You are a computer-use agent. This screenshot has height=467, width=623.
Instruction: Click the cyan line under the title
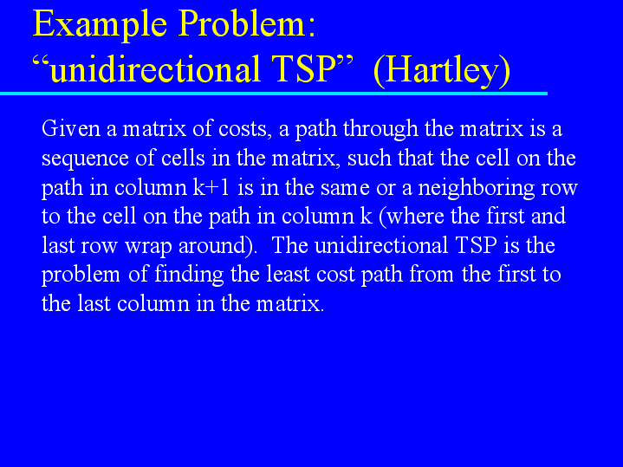click(274, 94)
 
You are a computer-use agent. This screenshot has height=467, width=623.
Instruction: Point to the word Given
click(71, 128)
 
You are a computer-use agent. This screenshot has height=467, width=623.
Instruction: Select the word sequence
click(85, 159)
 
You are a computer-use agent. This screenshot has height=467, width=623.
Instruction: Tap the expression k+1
click(211, 187)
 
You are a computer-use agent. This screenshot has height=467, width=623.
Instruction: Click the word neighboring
click(477, 188)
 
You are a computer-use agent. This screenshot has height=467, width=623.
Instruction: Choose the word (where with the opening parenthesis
click(412, 217)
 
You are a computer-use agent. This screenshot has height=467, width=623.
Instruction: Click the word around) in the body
click(216, 246)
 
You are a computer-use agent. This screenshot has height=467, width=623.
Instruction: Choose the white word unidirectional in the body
click(381, 245)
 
